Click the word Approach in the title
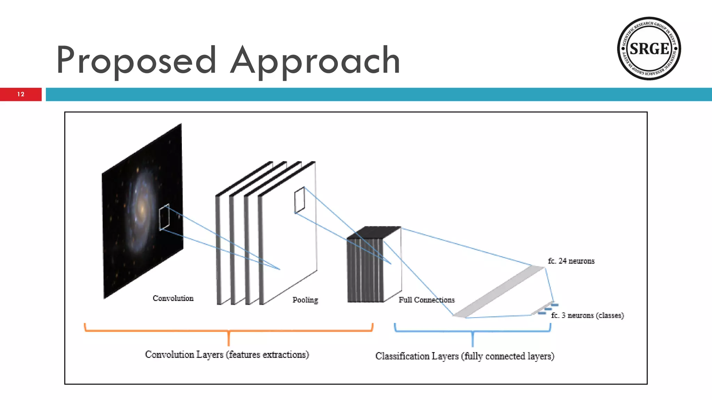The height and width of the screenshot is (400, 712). coord(315,61)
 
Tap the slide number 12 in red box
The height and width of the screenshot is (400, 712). coord(21,94)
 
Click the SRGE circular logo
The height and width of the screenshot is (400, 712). coord(649,48)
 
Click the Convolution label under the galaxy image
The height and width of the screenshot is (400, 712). coord(173,298)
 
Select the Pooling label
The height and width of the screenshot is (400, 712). coord(305,300)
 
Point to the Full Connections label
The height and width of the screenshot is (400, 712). coord(427,300)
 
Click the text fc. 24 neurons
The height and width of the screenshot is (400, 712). coord(571,261)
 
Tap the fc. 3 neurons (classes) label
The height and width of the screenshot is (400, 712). coord(588,315)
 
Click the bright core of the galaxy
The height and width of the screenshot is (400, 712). coord(142,208)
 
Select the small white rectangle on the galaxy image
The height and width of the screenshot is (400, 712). coord(164,217)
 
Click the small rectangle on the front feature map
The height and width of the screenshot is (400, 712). coord(299,200)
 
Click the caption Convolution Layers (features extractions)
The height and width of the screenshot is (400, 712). coord(227,355)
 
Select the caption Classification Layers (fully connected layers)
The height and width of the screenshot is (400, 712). coord(464,356)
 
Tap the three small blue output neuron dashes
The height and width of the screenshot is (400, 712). coord(549,309)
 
